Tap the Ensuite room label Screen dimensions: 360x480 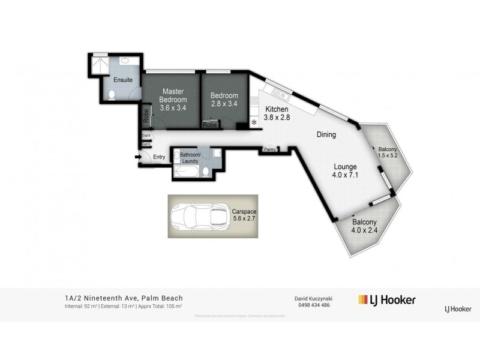(x=123, y=80)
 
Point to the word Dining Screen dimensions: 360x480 (x=326, y=135)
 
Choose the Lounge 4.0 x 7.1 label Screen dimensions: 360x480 (x=346, y=171)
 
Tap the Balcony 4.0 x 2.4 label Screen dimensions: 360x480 (x=365, y=225)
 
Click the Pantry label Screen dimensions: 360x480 (x=269, y=150)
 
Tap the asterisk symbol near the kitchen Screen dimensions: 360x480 (x=254, y=122)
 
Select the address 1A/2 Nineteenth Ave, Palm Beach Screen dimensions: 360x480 (x=124, y=298)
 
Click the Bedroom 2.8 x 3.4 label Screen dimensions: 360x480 (x=224, y=99)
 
